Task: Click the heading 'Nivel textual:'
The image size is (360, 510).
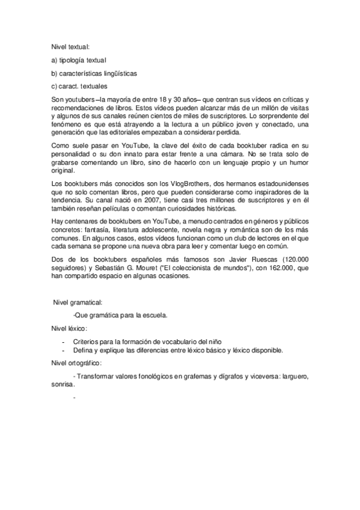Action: pyautogui.click(x=71, y=46)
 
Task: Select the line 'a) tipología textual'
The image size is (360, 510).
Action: pyautogui.click(x=78, y=60)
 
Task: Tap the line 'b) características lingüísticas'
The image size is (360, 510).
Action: pyautogui.click(x=94, y=73)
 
